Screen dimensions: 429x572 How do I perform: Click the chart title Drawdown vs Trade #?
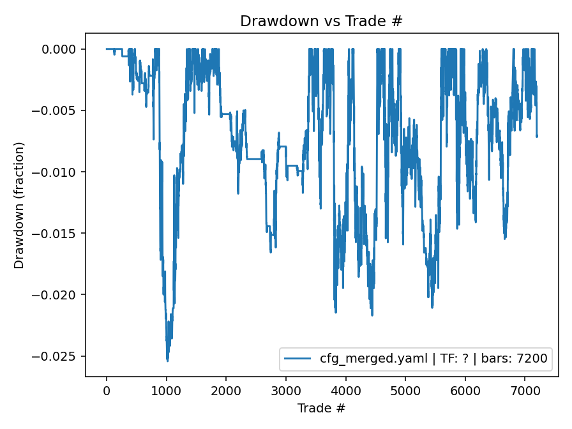(321, 21)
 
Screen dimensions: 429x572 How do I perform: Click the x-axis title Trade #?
(321, 407)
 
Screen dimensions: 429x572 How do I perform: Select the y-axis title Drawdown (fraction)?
(19, 205)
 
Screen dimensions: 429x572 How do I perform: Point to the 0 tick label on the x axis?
(107, 390)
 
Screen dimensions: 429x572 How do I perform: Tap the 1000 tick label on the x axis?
(166, 390)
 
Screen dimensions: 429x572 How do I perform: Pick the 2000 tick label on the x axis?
(226, 390)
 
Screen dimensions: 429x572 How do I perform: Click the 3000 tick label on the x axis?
(286, 390)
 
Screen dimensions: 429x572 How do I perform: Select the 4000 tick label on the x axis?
(345, 390)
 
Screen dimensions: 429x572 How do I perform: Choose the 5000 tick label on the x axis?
(405, 390)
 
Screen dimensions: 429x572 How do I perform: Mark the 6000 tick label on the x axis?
(465, 390)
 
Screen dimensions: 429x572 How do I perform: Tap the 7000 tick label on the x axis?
(525, 390)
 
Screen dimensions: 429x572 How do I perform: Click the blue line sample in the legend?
(299, 359)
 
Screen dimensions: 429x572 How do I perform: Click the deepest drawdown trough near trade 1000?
(167, 361)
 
